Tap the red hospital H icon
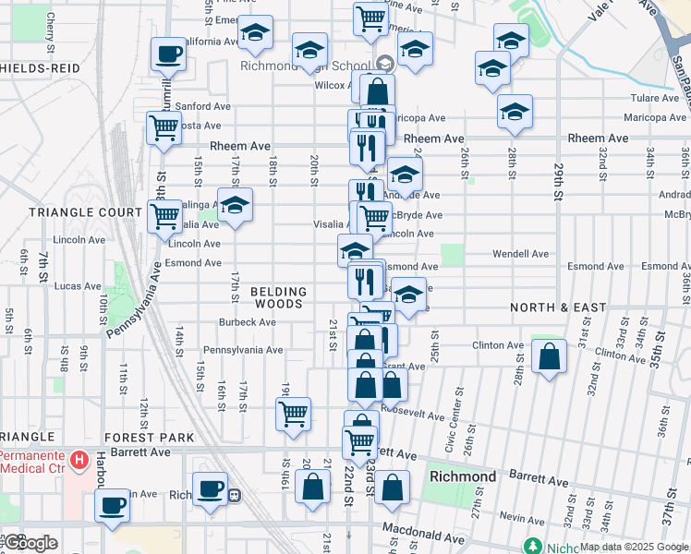[x=79, y=459]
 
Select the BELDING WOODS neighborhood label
[x=278, y=297]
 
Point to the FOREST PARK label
[x=149, y=438]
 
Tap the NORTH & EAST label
[x=558, y=307]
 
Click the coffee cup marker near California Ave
[x=167, y=55]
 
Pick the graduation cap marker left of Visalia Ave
[x=235, y=205]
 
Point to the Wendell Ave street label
[x=521, y=253]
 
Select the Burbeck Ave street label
[x=248, y=322]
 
